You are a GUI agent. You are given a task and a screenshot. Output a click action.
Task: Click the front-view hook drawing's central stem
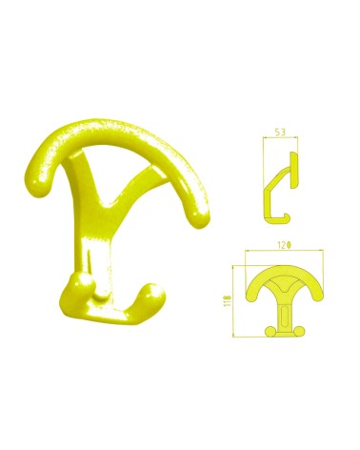click(x=283, y=309)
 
